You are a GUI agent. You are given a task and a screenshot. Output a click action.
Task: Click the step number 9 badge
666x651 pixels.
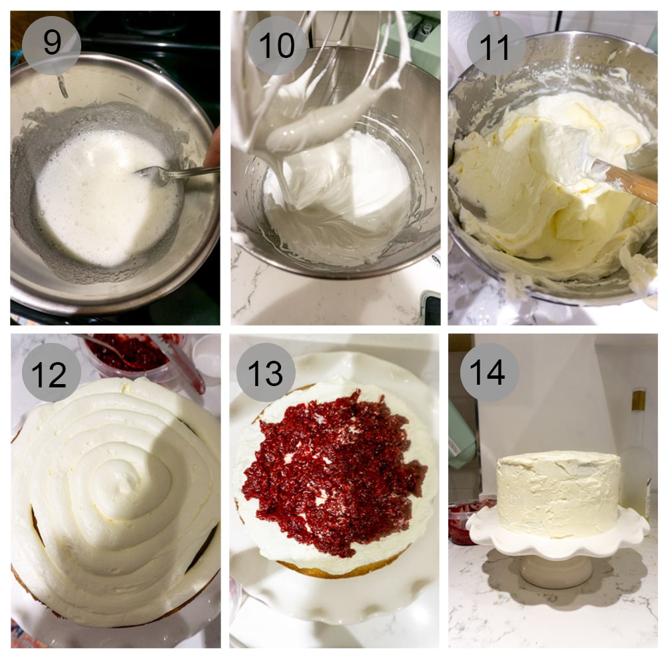tap(51, 44)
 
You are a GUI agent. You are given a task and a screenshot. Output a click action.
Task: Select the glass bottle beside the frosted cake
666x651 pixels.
tap(637, 459)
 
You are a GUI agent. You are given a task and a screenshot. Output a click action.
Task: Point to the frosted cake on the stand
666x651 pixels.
tap(558, 493)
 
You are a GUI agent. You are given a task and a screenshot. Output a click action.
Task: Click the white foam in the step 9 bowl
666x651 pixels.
tap(100, 193)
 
